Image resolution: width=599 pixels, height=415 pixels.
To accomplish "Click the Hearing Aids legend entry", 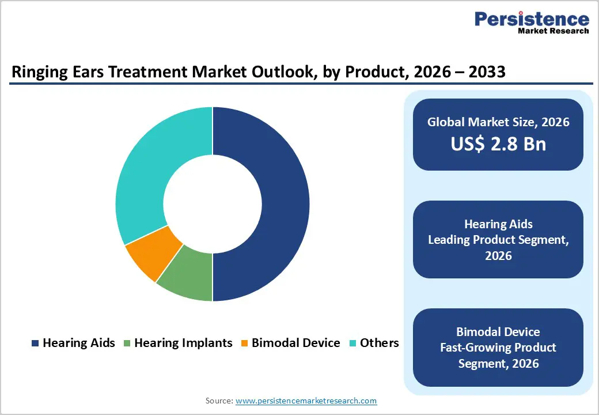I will (x=73, y=343).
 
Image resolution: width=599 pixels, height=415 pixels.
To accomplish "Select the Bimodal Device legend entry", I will (x=290, y=343).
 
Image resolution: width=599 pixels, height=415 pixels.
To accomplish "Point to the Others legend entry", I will (x=374, y=343).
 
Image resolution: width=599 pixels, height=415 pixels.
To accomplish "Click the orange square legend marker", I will (x=245, y=344).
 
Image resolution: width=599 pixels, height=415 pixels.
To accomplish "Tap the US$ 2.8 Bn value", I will (x=498, y=144).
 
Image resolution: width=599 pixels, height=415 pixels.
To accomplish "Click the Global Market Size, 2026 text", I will (x=498, y=122).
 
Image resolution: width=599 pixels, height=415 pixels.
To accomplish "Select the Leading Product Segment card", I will (x=498, y=239).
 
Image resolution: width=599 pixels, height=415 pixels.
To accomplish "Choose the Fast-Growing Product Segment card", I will (x=498, y=347).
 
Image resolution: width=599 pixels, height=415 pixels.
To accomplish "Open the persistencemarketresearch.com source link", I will (x=306, y=401).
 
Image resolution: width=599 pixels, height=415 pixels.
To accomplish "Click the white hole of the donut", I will (x=213, y=204).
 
